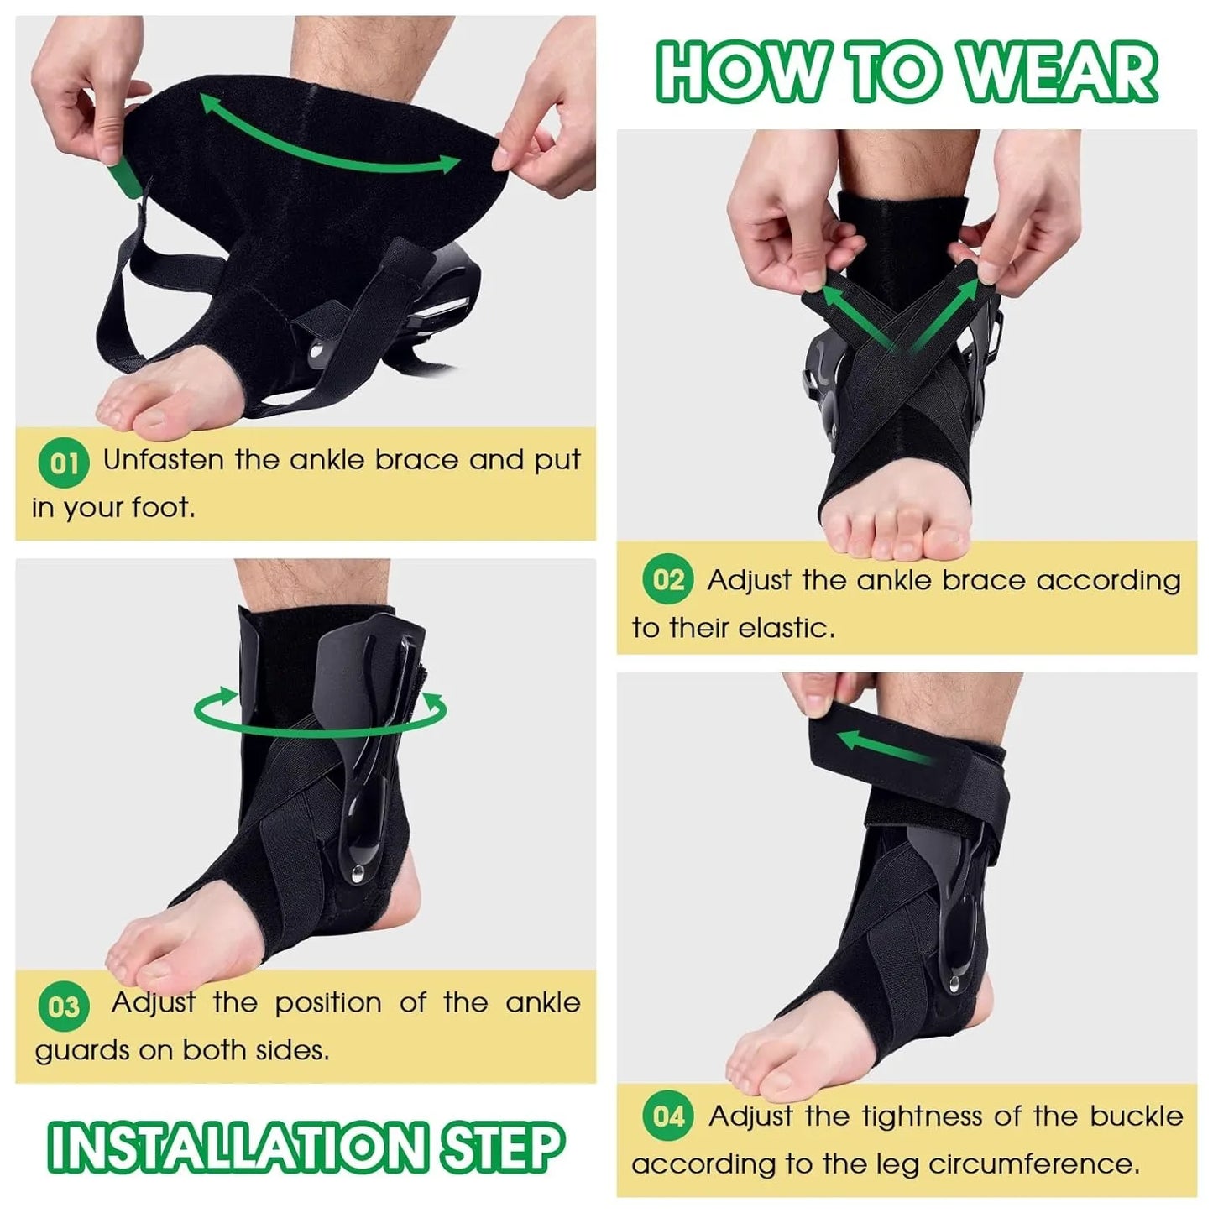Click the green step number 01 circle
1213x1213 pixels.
pos(64,463)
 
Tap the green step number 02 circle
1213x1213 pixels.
pos(667,579)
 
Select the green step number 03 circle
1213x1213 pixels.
pos(64,1006)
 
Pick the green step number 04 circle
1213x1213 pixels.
pos(668,1116)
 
